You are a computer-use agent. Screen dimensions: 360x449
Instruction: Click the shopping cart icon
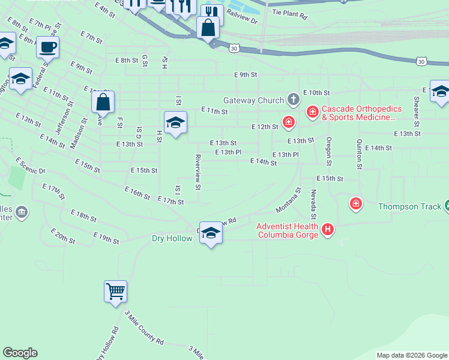coord(115,292)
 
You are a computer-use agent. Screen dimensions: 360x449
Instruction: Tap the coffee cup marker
coord(47,46)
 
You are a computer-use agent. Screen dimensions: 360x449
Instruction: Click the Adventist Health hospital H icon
coord(327,229)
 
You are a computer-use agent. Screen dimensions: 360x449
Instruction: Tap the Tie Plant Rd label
coord(289,11)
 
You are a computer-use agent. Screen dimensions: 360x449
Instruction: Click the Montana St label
coord(288,200)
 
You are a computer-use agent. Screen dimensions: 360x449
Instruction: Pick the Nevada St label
coord(313,205)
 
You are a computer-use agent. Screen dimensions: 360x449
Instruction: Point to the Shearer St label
coord(415,107)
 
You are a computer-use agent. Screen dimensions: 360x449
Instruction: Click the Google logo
coord(20,353)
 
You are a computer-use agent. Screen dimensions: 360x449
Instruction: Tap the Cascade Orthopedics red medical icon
coord(313,112)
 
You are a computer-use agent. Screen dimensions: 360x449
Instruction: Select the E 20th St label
coord(63,236)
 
